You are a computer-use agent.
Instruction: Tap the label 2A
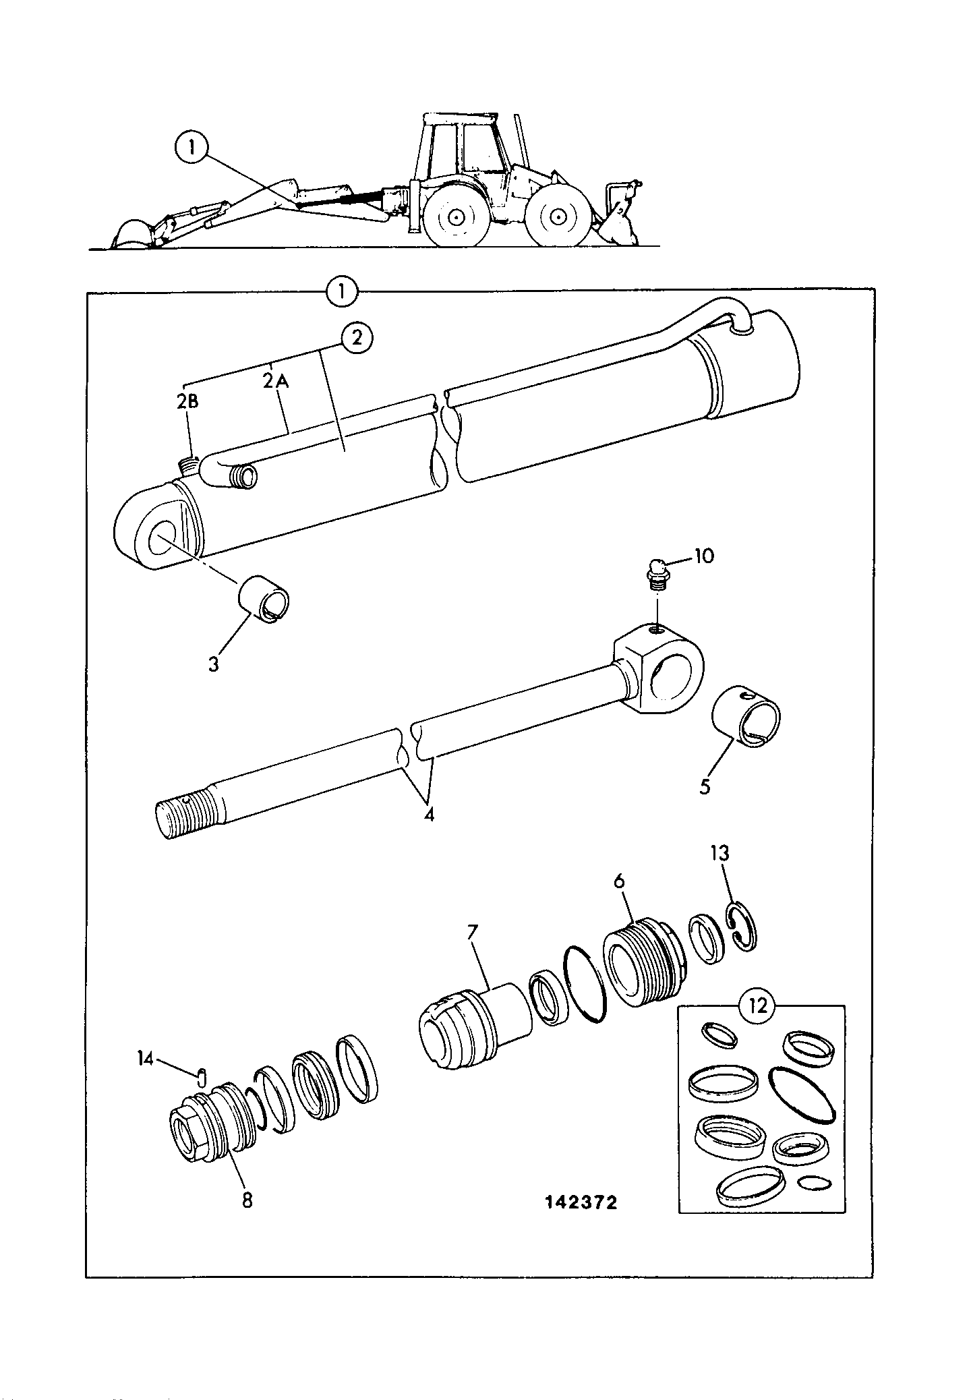tap(275, 381)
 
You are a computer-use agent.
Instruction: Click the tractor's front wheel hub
tap(556, 217)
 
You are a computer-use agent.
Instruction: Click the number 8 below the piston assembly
tap(247, 1200)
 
